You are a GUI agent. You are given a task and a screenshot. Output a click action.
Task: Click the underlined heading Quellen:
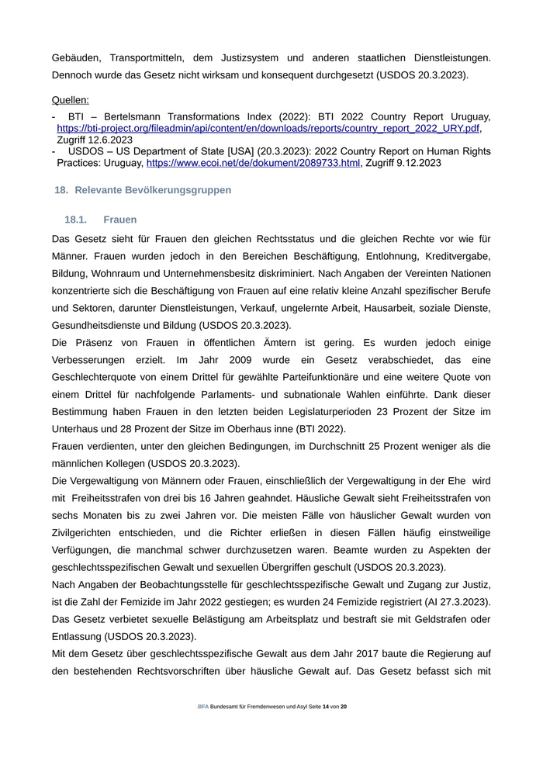click(x=71, y=100)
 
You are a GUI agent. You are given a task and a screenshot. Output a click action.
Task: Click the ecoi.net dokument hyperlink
click(x=253, y=164)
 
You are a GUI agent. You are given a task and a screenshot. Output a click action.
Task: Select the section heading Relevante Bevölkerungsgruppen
click(x=153, y=190)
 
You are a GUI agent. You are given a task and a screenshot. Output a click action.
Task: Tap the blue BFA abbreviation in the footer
click(x=202, y=707)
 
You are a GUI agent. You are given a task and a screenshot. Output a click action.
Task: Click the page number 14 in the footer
click(x=326, y=707)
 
